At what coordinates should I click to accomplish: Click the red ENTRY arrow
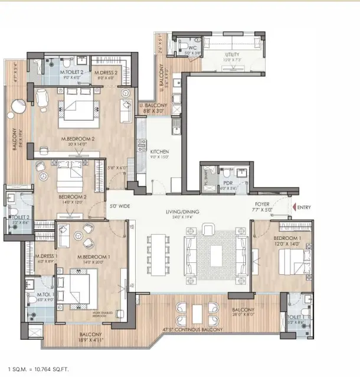293,208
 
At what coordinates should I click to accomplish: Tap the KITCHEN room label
160,151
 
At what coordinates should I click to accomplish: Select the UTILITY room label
233,54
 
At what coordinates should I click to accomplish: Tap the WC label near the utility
184,48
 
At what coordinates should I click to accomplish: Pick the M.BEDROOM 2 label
74,139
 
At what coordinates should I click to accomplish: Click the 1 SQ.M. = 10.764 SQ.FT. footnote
39,369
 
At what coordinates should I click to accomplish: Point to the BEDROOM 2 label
73,197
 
